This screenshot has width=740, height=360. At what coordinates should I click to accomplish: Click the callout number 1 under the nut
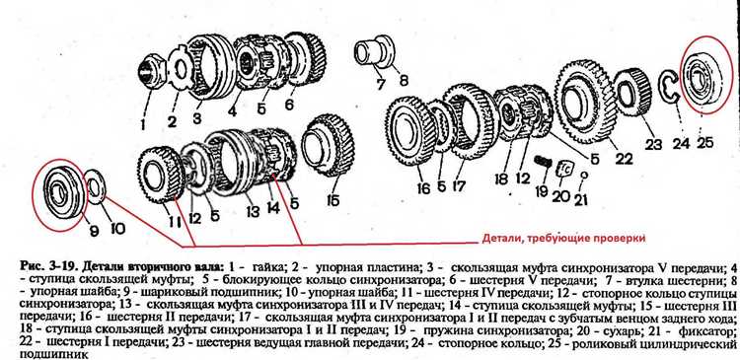click(143, 124)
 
